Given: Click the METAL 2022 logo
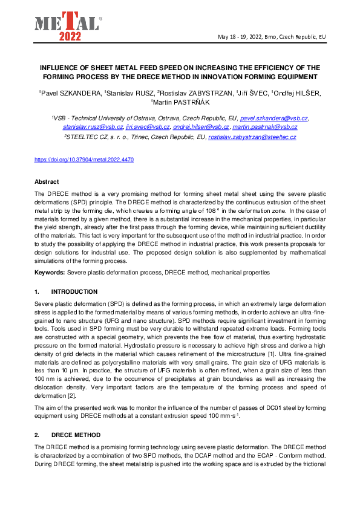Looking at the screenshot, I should [67, 24].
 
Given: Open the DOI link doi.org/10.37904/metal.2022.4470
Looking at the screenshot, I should [83, 160].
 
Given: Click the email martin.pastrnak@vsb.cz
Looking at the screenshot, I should [265, 127].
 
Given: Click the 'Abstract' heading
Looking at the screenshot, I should [46, 181].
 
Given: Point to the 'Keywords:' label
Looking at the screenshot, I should [50, 273].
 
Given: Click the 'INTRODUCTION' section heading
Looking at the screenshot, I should [74, 291].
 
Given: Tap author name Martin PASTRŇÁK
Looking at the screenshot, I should [180, 102].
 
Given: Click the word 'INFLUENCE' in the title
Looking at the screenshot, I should [60, 68].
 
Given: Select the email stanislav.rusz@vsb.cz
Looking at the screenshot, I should [93, 127].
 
